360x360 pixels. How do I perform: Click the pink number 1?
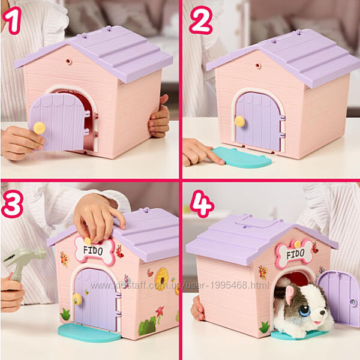tap(13, 20)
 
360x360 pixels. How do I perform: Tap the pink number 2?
tap(200, 20)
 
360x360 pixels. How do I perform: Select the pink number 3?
tap(12, 204)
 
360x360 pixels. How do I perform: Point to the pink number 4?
tap(202, 204)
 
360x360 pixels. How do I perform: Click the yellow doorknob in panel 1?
tap(39, 128)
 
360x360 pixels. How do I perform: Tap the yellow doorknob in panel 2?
tap(239, 121)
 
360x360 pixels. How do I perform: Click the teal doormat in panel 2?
tap(242, 157)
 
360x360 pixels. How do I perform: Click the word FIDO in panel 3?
tap(93, 250)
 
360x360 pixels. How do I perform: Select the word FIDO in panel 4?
tap(295, 254)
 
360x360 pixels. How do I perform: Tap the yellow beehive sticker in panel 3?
tap(161, 279)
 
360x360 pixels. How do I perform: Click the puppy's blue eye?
tap(305, 311)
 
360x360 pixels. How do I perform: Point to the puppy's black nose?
tap(323, 313)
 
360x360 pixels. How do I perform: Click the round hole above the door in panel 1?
tap(68, 61)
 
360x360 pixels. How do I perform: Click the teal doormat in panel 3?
tap(89, 333)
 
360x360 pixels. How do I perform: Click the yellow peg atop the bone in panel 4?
tap(297, 244)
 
